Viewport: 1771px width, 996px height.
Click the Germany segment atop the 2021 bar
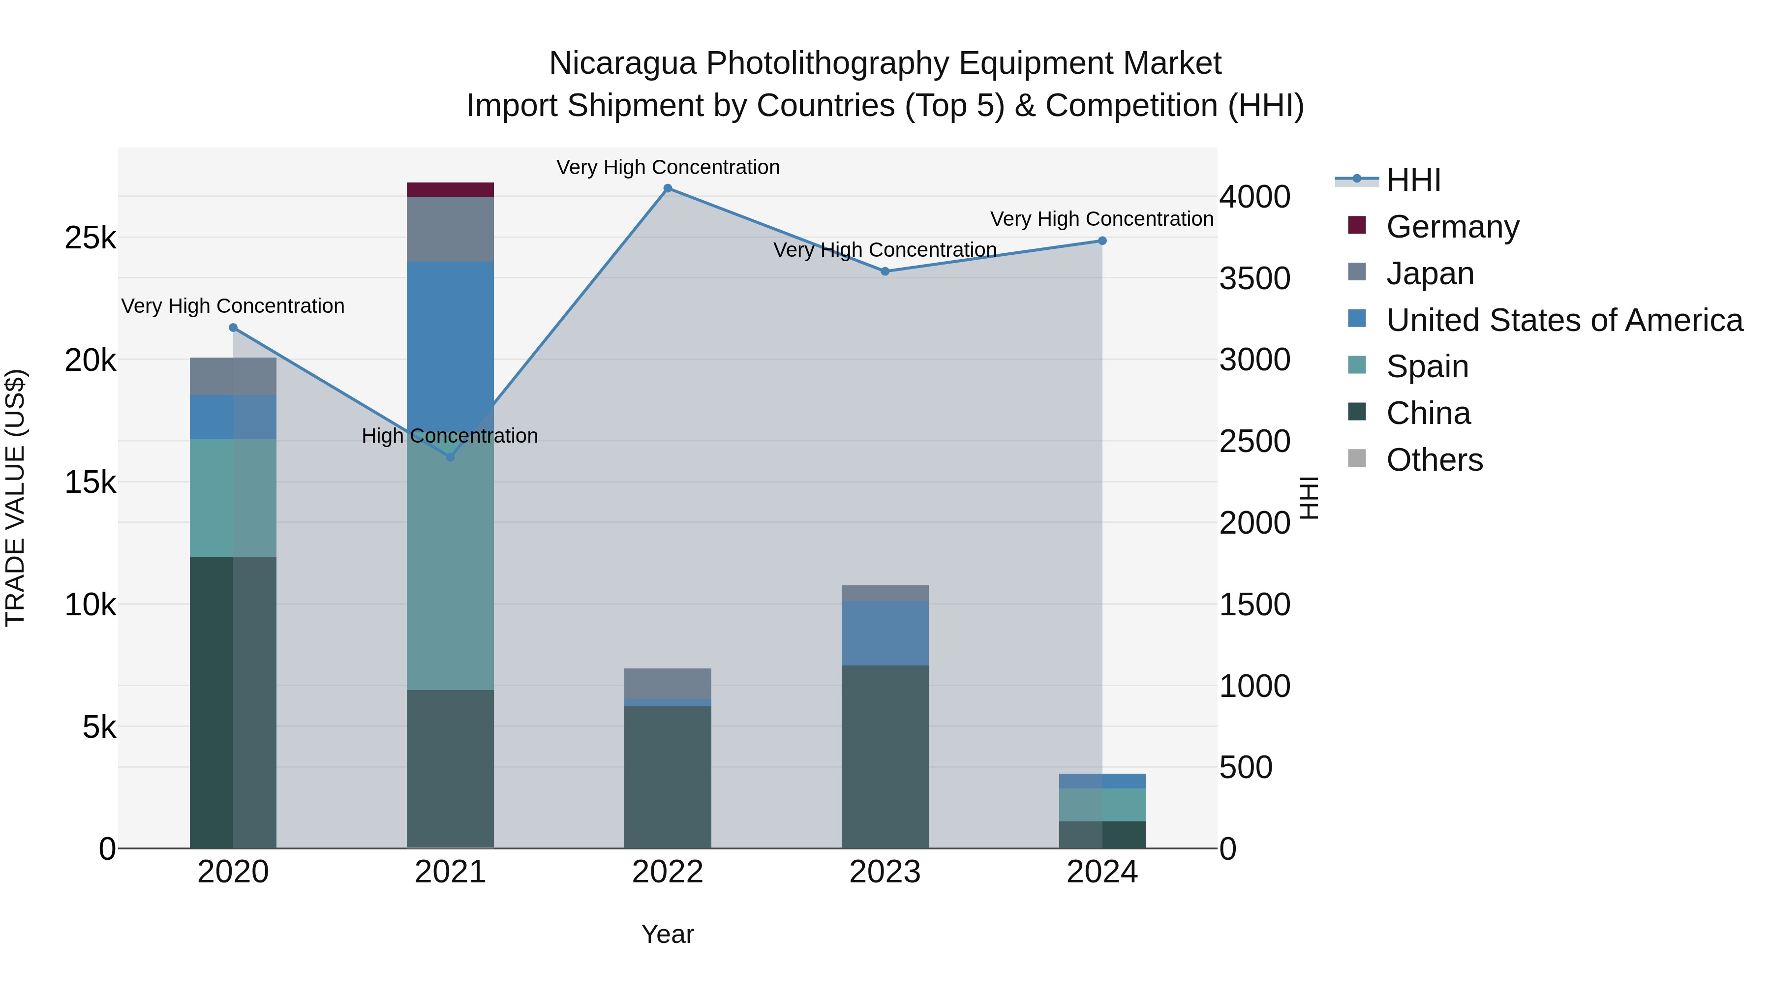click(x=450, y=190)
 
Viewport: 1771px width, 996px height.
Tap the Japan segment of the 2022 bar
click(x=668, y=683)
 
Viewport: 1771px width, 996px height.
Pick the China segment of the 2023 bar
click(x=885, y=756)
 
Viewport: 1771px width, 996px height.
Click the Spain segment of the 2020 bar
click(x=233, y=498)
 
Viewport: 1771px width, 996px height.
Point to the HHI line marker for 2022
click(x=668, y=188)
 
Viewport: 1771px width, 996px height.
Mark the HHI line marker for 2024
click(x=1102, y=241)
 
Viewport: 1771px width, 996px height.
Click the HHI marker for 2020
click(x=233, y=328)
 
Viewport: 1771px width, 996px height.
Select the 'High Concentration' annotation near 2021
click(x=450, y=436)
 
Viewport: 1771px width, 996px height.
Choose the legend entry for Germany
click(x=1452, y=226)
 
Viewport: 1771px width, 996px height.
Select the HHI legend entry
click(x=1413, y=180)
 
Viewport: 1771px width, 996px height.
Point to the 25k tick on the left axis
click(x=90, y=238)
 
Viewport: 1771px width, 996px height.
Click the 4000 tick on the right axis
click(x=1254, y=197)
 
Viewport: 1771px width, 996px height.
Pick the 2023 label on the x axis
click(x=885, y=872)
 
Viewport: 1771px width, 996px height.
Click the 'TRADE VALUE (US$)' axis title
click(x=15, y=498)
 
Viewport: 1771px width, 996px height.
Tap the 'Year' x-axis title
click(x=668, y=934)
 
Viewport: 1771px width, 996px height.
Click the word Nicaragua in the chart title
click(x=622, y=63)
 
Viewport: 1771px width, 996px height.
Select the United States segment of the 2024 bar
click(x=1102, y=781)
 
